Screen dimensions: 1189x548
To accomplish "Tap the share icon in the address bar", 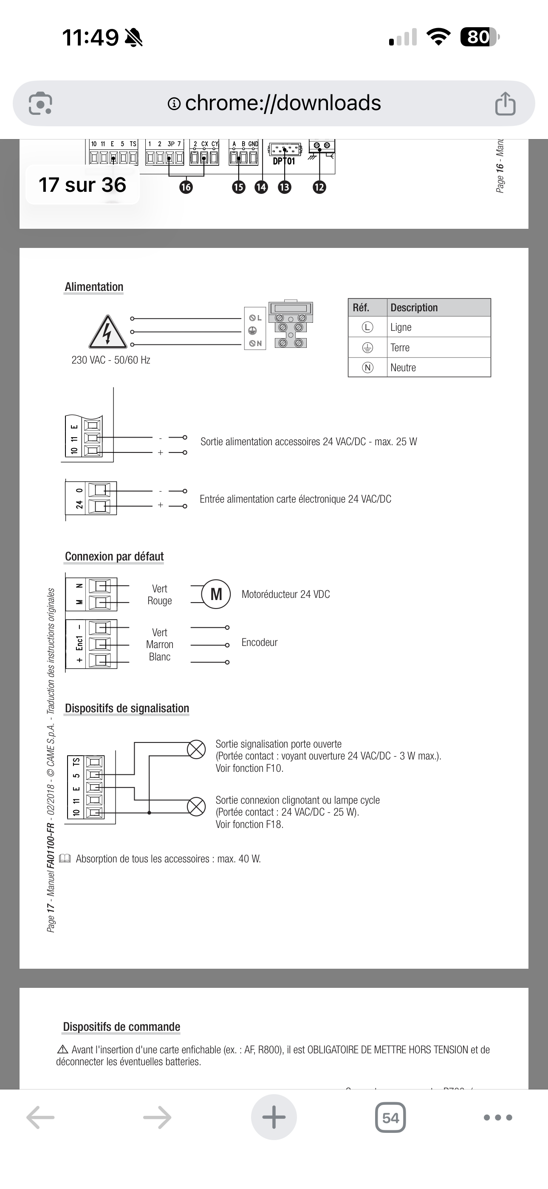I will coord(505,103).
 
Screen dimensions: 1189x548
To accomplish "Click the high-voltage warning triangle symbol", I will coord(107,332).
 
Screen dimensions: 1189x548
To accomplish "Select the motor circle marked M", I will coord(216,594).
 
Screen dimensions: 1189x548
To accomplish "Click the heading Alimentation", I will coord(94,287).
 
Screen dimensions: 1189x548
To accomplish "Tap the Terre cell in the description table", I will coord(400,347).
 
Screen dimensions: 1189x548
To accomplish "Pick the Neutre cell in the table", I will coord(403,367).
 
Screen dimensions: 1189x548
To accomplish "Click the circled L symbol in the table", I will coord(367,327).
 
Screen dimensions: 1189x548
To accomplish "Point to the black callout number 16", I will coord(186,187).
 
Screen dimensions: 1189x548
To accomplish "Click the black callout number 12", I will coord(319,187).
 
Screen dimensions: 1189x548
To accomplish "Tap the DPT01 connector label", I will coord(284,161).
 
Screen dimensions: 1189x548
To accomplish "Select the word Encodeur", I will coord(259,643).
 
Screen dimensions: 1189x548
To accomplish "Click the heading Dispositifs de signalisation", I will coord(127,708).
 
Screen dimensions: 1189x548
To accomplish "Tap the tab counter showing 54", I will coord(390,1118).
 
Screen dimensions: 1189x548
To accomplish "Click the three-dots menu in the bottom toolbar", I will coord(498,1118).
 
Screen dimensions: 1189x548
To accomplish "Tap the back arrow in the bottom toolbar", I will coord(41,1118).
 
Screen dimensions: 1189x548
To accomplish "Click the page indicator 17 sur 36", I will coord(82,185).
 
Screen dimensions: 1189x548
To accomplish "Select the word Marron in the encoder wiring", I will coord(160,644).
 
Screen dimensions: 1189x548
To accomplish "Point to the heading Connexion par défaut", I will coord(114,556).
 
